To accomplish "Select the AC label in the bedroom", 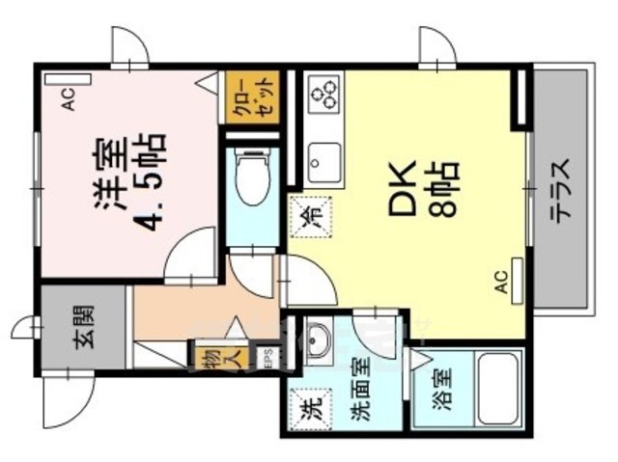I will pyautogui.click(x=69, y=100).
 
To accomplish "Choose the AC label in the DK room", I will pyautogui.click(x=501, y=279).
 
